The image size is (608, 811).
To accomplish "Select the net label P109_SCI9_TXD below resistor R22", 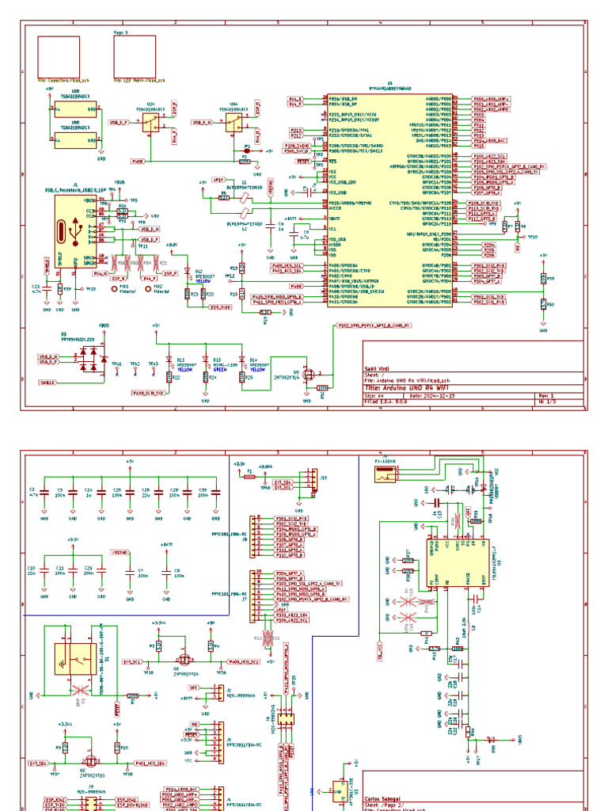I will click(x=148, y=392).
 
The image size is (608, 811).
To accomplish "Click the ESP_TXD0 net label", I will click(x=220, y=307).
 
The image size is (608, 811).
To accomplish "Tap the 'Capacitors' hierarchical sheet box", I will click(x=55, y=55).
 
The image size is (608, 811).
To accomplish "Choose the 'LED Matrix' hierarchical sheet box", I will click(x=134, y=55).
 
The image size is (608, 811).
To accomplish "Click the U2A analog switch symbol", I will click(x=149, y=122).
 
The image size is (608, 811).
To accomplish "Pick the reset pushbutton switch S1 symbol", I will click(x=73, y=658).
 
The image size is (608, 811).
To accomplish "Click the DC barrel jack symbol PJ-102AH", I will click(x=386, y=474).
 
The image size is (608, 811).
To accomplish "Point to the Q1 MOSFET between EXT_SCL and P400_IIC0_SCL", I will click(x=184, y=659).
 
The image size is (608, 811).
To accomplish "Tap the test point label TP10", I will click(x=533, y=237).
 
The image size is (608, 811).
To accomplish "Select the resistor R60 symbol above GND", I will click(x=543, y=303).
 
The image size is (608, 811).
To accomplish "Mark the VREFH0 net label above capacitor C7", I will click(x=120, y=551).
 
